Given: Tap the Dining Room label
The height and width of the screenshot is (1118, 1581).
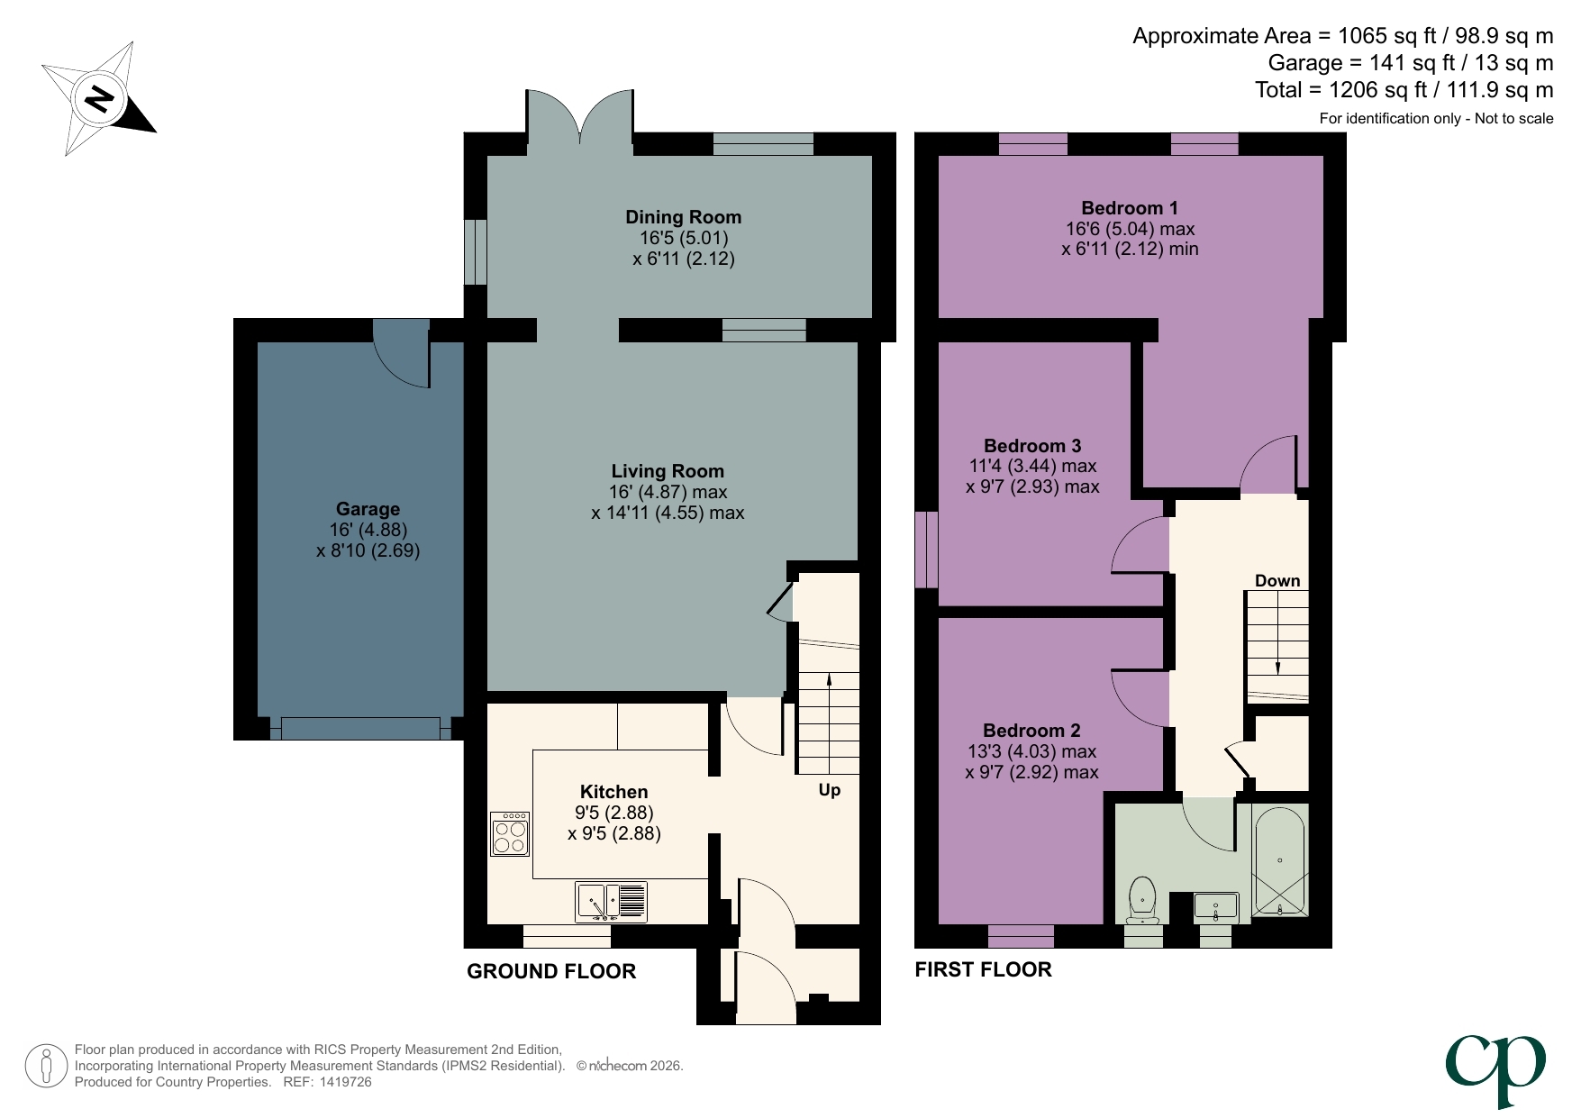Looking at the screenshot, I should (x=683, y=217).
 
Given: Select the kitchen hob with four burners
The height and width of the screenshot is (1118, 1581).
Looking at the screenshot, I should (x=510, y=834).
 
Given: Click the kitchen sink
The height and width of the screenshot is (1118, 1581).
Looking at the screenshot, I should (x=610, y=901).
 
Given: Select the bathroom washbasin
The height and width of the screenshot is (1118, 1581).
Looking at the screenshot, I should (x=1215, y=906).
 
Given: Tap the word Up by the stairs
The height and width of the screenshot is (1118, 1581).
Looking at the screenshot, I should (x=829, y=790).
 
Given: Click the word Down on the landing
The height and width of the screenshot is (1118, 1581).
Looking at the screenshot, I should (x=1277, y=581).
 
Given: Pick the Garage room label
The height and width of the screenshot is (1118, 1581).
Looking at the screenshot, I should (x=368, y=509).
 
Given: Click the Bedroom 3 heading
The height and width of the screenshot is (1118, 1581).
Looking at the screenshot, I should (x=1032, y=446).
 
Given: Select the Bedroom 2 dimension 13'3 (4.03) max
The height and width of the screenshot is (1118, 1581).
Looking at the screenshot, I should (x=1031, y=751).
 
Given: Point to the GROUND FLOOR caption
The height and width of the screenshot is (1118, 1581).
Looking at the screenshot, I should (x=551, y=971).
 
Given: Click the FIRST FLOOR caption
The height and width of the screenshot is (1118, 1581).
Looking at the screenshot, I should (x=983, y=969).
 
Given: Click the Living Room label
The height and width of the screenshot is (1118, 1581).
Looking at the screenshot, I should (x=668, y=471).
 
